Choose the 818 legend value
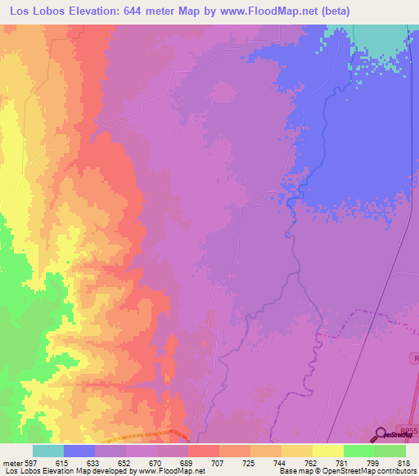[x=404, y=462]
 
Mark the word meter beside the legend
[x=12, y=462]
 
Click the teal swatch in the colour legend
[x=48, y=451]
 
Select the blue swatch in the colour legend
[x=79, y=451]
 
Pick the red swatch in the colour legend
[x=204, y=451]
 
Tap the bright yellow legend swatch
[x=328, y=451]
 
